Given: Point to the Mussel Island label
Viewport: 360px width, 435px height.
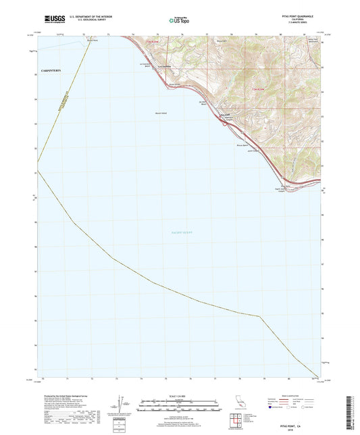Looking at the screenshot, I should tap(161, 112).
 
